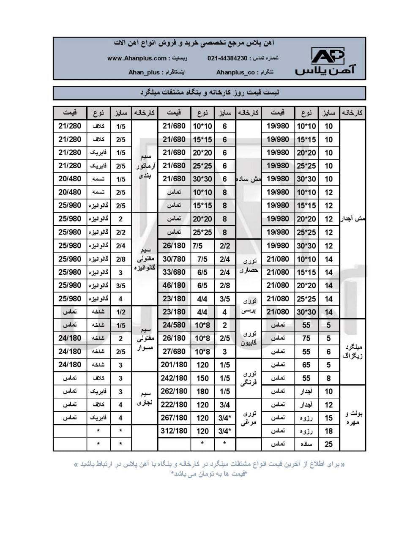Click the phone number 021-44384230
click(x=227, y=58)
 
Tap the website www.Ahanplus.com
click(x=137, y=58)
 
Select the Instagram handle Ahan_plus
click(x=144, y=72)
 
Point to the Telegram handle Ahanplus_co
click(x=235, y=72)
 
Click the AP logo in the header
click(x=328, y=56)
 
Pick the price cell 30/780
click(x=174, y=259)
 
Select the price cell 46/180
click(x=174, y=285)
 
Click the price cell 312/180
click(x=174, y=431)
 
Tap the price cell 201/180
click(x=174, y=365)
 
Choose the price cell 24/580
click(x=174, y=325)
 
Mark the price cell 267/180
click(x=174, y=418)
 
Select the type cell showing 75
click(x=306, y=338)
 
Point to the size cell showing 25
click(x=328, y=444)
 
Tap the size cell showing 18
click(x=328, y=431)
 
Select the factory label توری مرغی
click(x=249, y=418)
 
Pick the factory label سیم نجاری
click(x=144, y=398)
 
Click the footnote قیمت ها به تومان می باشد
click(x=209, y=474)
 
